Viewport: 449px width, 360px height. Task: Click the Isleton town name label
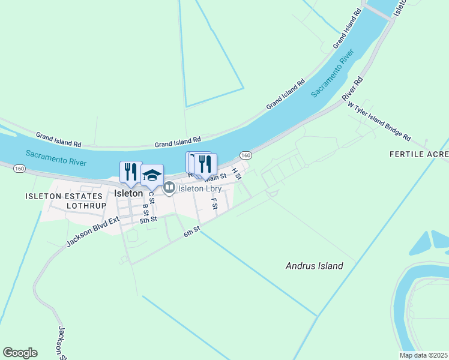pyautogui.click(x=128, y=193)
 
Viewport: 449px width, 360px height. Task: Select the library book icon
pyautogui.click(x=169, y=188)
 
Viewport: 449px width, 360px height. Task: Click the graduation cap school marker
pyautogui.click(x=152, y=175)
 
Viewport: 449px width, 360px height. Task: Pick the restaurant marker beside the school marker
pyautogui.click(x=130, y=172)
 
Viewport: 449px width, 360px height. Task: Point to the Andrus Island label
pyautogui.click(x=314, y=266)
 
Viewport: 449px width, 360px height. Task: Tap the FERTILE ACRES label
pyautogui.click(x=419, y=154)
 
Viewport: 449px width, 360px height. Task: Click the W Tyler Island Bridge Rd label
pyautogui.click(x=379, y=120)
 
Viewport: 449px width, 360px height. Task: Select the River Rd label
pyautogui.click(x=352, y=88)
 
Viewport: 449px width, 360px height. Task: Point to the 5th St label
pyautogui.click(x=148, y=220)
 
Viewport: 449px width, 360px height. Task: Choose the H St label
pyautogui.click(x=236, y=173)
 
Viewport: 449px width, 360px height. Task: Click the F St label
pyautogui.click(x=214, y=203)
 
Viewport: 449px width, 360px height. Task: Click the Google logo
pyautogui.click(x=20, y=353)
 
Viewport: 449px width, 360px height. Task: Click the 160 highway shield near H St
pyautogui.click(x=246, y=155)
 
